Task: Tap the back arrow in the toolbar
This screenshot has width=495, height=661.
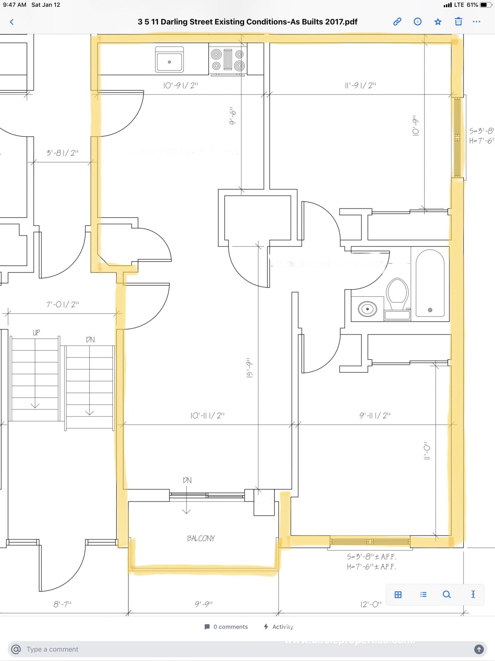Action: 12,22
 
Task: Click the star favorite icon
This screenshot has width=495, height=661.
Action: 438,22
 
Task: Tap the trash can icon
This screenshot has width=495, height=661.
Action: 458,22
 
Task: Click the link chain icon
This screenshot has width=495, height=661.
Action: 397,22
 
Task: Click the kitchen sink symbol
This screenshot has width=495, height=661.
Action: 169,60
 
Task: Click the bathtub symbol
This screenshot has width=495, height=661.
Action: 430,283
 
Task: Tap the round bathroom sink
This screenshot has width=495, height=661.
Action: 367,309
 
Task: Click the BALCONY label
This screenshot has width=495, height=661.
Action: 201,538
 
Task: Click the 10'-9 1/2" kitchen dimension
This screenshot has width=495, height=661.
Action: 181,86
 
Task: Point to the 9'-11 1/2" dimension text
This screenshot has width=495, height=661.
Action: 375,415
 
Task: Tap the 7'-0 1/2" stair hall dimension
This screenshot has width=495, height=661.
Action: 63,304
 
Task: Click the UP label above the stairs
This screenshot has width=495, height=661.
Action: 36,332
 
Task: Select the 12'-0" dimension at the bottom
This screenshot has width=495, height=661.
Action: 371,604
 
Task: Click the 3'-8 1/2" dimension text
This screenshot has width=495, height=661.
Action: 63,153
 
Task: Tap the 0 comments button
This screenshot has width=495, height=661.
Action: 226,627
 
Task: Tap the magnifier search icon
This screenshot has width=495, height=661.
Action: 447,595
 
